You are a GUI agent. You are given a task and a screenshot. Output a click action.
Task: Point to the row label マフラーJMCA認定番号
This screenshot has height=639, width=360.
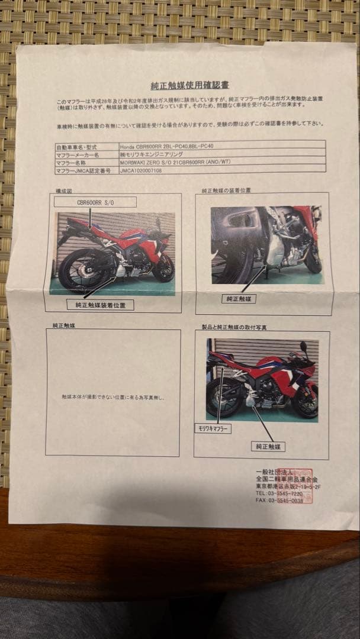[79, 169]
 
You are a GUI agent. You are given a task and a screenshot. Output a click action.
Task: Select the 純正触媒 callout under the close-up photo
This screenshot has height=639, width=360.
[239, 299]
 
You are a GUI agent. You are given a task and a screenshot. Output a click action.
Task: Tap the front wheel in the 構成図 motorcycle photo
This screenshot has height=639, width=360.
[163, 268]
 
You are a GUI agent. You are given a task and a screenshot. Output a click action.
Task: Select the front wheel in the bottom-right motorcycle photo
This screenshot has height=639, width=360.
[306, 402]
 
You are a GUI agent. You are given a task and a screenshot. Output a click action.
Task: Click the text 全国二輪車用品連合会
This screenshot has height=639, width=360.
[284, 478]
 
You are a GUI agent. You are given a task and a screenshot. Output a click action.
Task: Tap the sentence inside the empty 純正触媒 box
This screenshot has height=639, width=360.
[112, 398]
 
